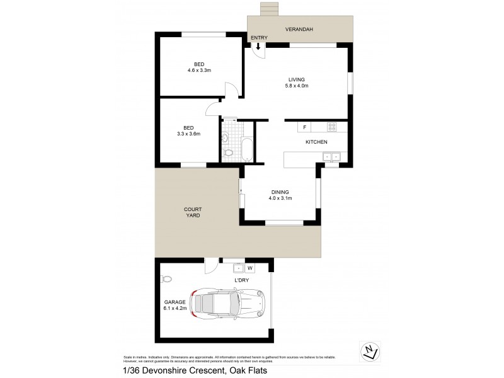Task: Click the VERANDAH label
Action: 299,30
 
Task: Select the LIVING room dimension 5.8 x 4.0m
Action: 297,86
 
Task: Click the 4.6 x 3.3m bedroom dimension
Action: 199,71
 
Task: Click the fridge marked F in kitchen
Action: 305,127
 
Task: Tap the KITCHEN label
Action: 316,142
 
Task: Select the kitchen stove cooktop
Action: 331,127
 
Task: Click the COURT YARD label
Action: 193,212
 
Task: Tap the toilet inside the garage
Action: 167,278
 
